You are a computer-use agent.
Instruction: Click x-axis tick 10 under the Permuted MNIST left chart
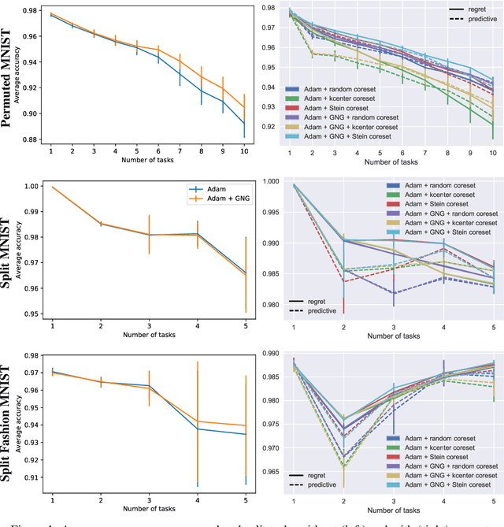243,149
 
